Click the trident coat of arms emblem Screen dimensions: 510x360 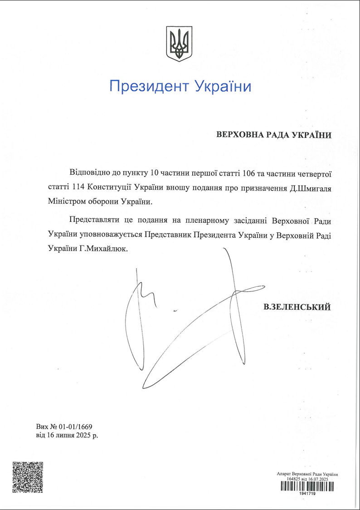(180, 44)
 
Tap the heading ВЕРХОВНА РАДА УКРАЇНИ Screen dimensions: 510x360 (274, 135)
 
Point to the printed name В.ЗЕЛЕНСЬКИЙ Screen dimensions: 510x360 (297, 307)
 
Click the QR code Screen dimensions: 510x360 (27, 477)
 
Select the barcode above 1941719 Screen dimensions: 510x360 (307, 486)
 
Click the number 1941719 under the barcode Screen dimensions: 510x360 (307, 494)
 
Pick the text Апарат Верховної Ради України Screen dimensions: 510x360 (307, 474)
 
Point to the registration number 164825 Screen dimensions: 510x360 (294, 479)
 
